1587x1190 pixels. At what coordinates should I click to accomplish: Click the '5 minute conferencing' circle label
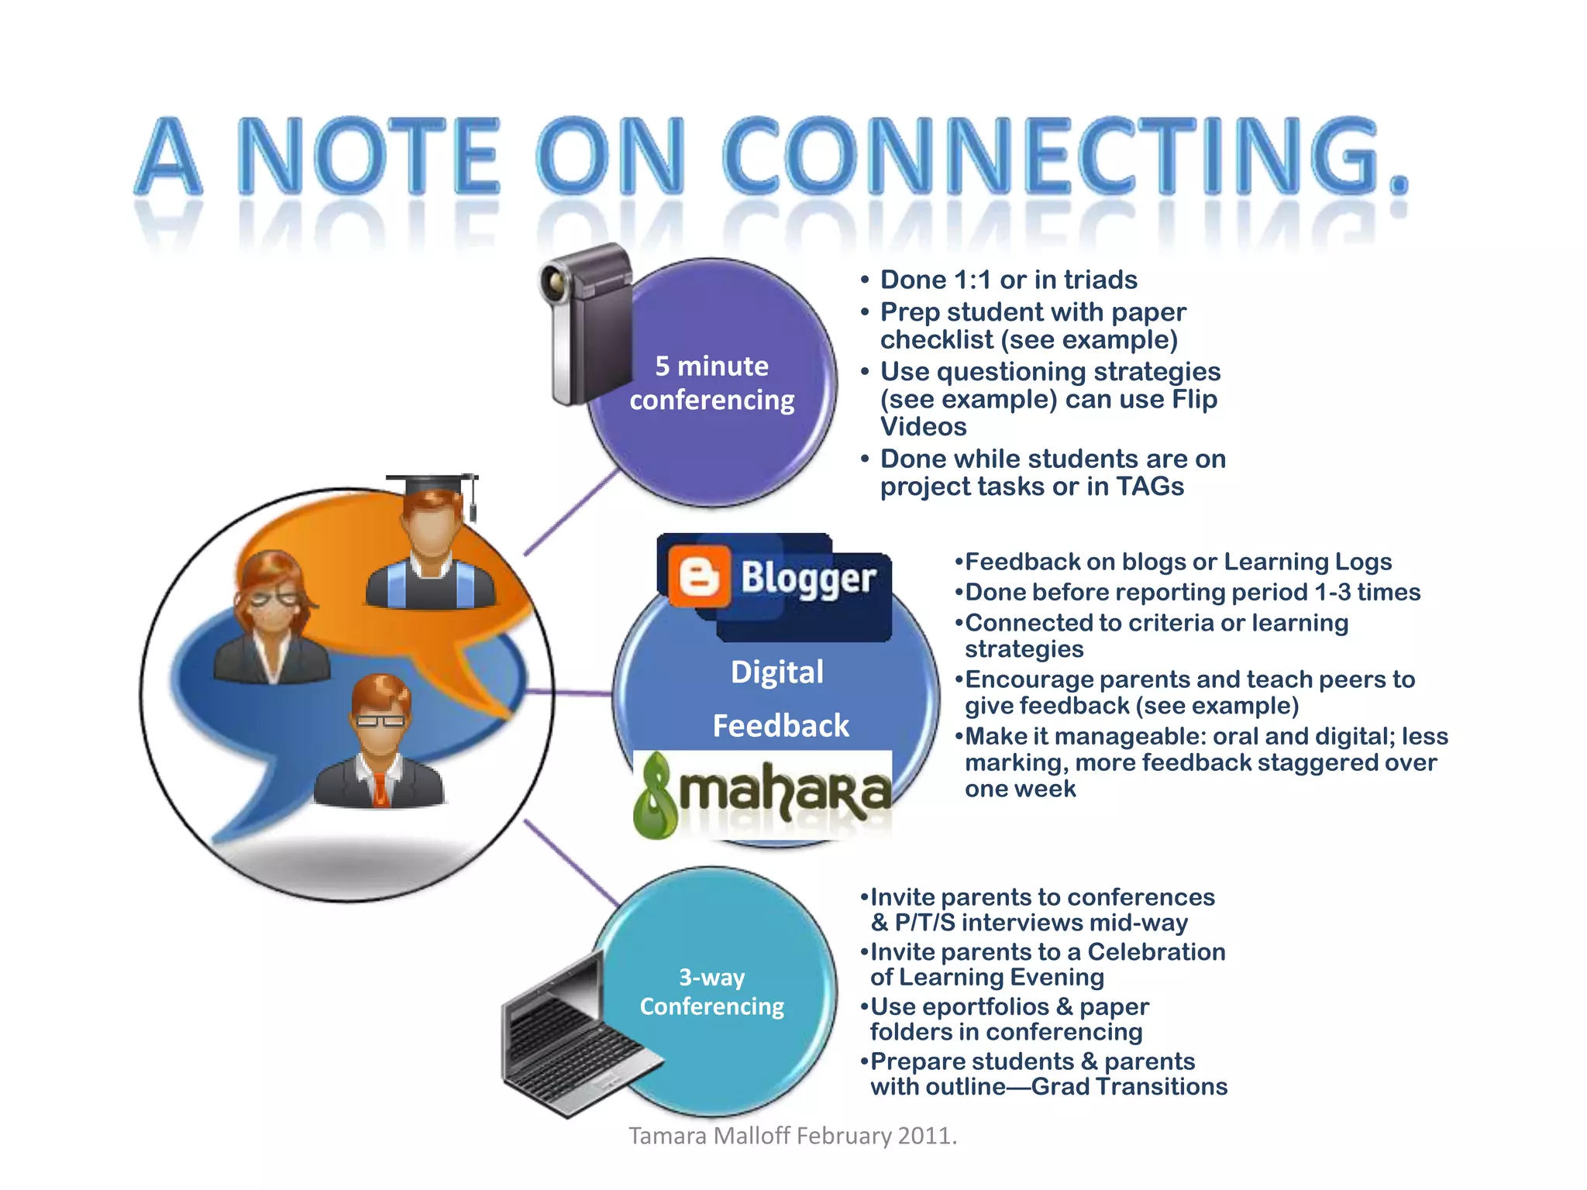tap(711, 383)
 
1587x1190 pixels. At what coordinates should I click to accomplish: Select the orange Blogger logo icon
tap(699, 576)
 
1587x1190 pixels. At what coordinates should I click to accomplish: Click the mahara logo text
tap(783, 791)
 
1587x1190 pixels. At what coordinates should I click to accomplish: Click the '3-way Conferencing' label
tap(711, 992)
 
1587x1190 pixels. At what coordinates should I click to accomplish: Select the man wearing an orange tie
tap(380, 744)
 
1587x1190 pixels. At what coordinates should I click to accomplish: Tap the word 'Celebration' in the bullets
tap(1156, 951)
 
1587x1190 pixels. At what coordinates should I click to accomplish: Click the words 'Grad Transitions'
tap(1129, 1087)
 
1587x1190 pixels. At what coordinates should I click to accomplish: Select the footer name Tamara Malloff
tap(709, 1136)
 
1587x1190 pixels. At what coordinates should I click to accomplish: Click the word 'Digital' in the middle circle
tap(777, 672)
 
